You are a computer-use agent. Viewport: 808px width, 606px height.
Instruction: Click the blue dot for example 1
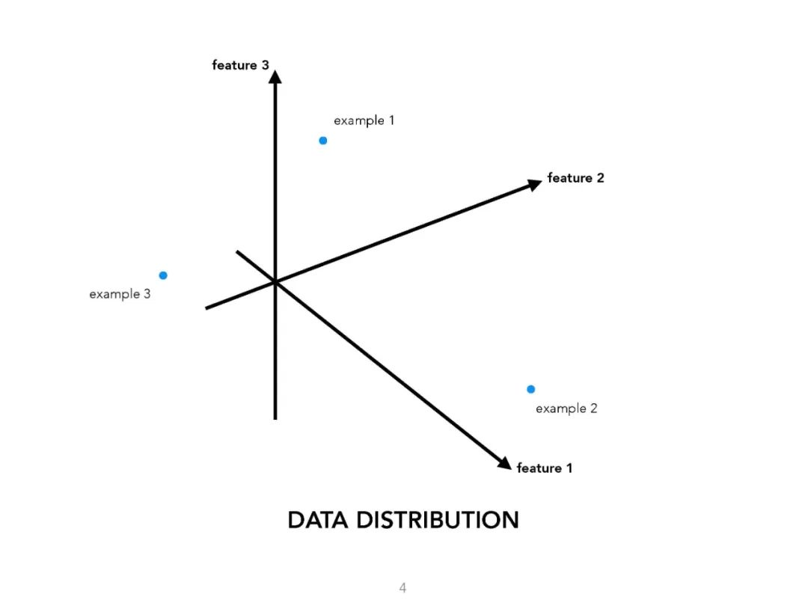323,141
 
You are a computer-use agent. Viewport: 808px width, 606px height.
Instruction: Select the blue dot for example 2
531,389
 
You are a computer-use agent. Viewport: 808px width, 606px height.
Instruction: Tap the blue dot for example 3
163,275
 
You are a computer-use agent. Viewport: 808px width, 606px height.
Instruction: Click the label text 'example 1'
364,120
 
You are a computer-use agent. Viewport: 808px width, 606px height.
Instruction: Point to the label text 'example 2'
566,408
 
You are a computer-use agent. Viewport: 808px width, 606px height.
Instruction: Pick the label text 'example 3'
120,294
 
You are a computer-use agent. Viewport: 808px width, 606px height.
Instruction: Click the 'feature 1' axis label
545,468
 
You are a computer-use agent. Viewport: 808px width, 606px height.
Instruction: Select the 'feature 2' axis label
575,178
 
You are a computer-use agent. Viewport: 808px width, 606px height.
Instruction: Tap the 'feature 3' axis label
240,65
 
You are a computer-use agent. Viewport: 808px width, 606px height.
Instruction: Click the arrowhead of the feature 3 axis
275,76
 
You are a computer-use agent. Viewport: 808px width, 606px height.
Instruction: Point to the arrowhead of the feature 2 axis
534,184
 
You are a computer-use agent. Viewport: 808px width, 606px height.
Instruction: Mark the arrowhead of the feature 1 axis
504,464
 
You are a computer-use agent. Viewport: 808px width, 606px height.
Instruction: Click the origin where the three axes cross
275,282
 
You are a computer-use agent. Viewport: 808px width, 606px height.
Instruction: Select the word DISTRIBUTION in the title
437,520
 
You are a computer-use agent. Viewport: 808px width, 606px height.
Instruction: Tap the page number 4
403,588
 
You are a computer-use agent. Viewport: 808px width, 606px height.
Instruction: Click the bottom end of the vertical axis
275,418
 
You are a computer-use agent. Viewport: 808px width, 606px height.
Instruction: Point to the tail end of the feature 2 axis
206,307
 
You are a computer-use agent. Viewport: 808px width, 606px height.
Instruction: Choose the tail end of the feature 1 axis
237,252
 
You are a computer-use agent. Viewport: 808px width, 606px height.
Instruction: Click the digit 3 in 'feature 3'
265,65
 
